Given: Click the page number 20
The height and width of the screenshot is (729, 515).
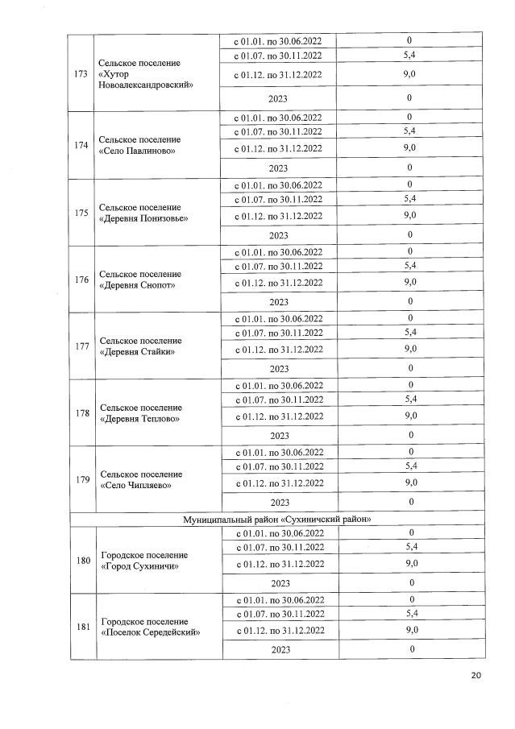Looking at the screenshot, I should [x=476, y=675].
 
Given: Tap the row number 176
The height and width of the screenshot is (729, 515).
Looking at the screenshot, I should [x=81, y=280].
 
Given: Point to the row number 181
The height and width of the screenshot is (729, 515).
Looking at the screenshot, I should [x=81, y=627].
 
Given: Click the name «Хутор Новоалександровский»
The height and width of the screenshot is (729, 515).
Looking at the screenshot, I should [x=145, y=80].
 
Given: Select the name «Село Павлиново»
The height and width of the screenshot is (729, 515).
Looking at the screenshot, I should [x=139, y=151].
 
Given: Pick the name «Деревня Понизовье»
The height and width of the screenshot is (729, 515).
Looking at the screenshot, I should [x=144, y=218].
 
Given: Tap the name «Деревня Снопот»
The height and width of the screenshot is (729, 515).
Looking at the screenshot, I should [x=138, y=285].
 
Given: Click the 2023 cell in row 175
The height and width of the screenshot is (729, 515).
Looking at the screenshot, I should [x=279, y=234].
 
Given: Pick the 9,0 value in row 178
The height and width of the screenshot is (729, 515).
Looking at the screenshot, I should [x=409, y=416].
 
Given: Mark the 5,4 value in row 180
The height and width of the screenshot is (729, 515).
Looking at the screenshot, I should [x=409, y=547].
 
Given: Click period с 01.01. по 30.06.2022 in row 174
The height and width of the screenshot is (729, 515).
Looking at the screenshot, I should [x=279, y=118].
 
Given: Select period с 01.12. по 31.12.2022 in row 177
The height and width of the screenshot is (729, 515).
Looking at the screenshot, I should [x=279, y=349].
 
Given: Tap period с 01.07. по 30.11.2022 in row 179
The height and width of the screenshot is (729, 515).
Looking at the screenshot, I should [x=279, y=466].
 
